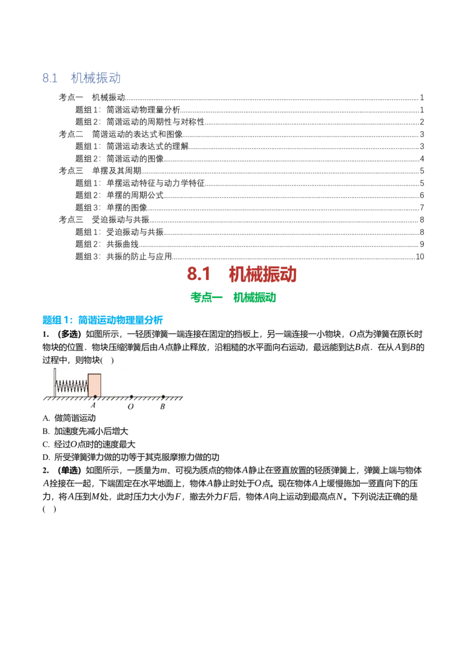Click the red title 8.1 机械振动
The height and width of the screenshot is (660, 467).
[x=242, y=275]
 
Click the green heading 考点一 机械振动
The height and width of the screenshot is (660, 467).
[x=233, y=297]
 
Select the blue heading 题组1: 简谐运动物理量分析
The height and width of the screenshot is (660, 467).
[x=102, y=320]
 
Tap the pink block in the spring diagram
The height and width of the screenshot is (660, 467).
[x=95, y=385]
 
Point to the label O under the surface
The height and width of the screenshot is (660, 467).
[x=131, y=406]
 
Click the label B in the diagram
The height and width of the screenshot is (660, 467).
[x=162, y=406]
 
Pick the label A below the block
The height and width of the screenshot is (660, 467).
[x=93, y=405]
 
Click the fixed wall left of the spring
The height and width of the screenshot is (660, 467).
[x=54, y=382]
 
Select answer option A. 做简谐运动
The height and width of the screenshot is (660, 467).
[x=69, y=418]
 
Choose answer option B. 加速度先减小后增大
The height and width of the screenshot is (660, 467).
[x=85, y=431]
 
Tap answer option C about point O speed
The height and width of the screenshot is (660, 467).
[x=89, y=444]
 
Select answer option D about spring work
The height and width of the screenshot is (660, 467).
[x=131, y=457]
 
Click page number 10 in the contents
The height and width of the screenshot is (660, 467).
[x=420, y=257]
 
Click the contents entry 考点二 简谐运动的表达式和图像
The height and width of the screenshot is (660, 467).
[x=120, y=134]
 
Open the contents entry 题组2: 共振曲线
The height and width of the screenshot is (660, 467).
[x=107, y=244]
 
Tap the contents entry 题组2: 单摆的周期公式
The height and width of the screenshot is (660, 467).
[x=119, y=195]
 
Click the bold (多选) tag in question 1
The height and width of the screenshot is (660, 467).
[x=69, y=334]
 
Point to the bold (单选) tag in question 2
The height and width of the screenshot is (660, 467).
[x=69, y=470]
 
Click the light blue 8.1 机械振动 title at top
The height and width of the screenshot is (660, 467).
[x=81, y=78]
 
